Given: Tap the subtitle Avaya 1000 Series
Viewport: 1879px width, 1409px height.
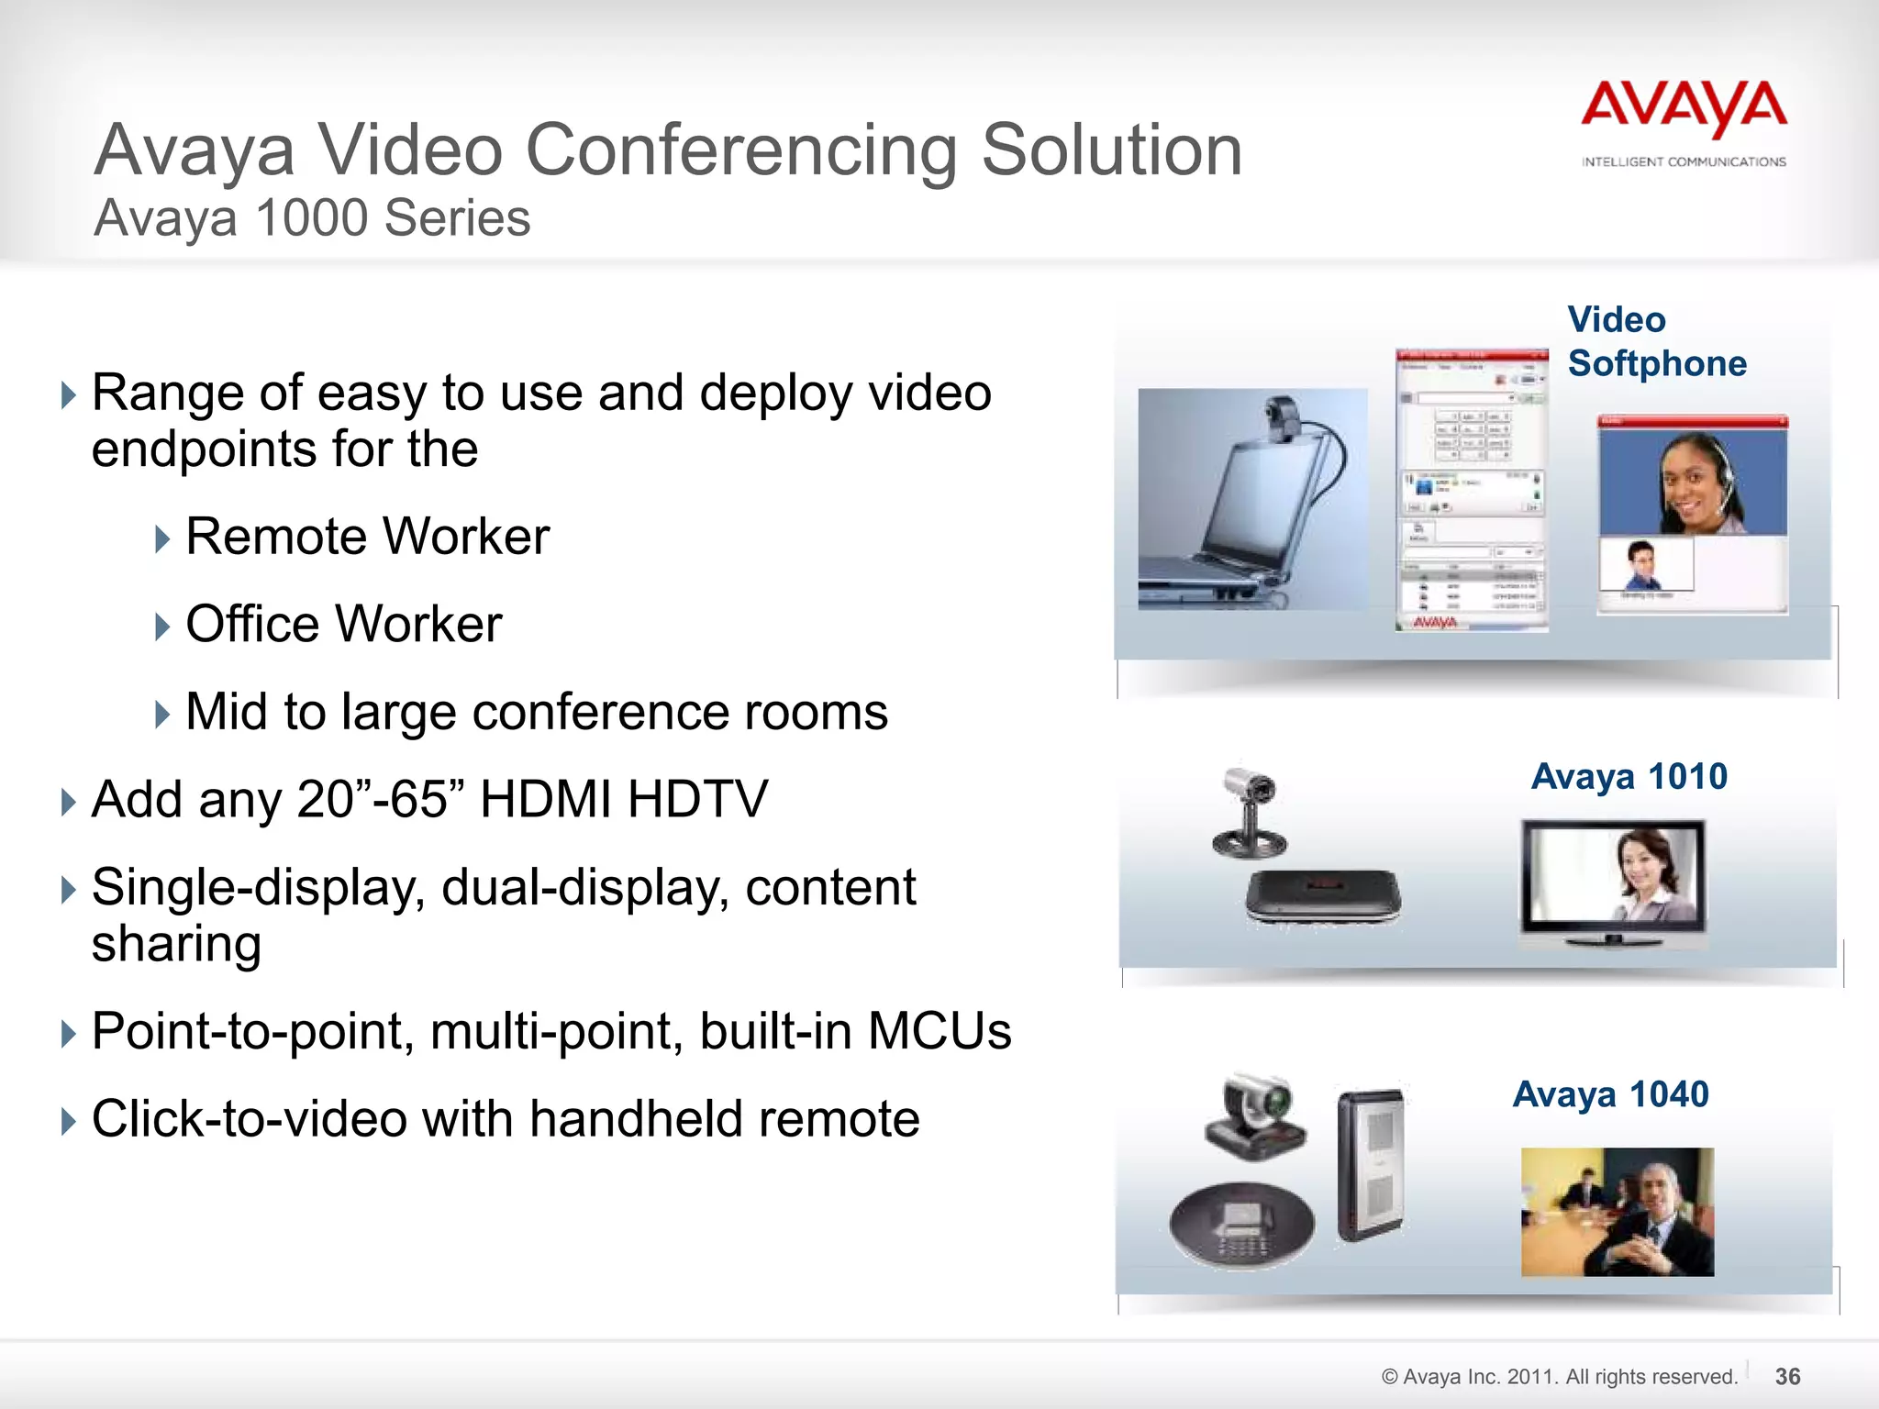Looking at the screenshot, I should click(x=312, y=218).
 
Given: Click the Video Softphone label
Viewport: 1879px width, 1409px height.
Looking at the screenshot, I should click(x=1656, y=341).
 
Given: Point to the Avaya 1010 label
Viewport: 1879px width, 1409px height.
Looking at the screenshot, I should click(x=1629, y=777).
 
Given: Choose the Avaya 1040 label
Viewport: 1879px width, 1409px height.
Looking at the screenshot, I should click(x=1611, y=1094).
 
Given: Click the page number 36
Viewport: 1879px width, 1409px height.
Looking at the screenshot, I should click(x=1787, y=1376).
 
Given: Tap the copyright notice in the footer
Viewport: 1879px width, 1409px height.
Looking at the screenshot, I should click(x=1559, y=1376).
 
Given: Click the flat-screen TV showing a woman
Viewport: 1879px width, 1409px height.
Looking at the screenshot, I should click(x=1613, y=881).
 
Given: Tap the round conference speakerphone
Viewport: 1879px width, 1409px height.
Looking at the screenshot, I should click(x=1241, y=1225).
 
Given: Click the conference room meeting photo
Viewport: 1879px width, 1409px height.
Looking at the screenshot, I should click(x=1617, y=1212).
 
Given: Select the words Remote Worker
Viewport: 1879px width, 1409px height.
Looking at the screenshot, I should click(x=367, y=537).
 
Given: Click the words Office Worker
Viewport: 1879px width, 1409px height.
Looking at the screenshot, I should click(x=343, y=625).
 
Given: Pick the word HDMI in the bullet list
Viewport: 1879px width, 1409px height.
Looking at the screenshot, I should click(x=545, y=799).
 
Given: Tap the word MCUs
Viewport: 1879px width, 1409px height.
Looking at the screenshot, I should click(x=939, y=1031).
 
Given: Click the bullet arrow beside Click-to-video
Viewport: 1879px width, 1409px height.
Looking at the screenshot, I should click(x=68, y=1121).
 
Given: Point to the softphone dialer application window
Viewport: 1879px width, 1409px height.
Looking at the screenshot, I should click(x=1472, y=491).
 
